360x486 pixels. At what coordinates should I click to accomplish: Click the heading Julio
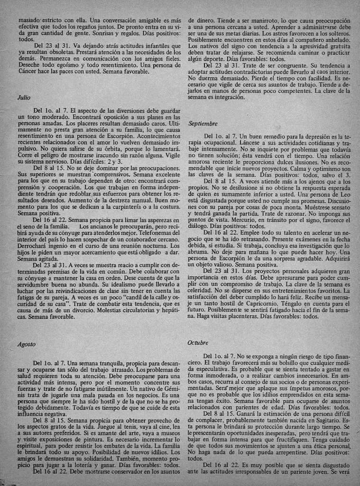[24, 97]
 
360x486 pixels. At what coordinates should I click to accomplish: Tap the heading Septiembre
[203, 123]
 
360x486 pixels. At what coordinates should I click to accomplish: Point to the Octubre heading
[198, 342]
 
